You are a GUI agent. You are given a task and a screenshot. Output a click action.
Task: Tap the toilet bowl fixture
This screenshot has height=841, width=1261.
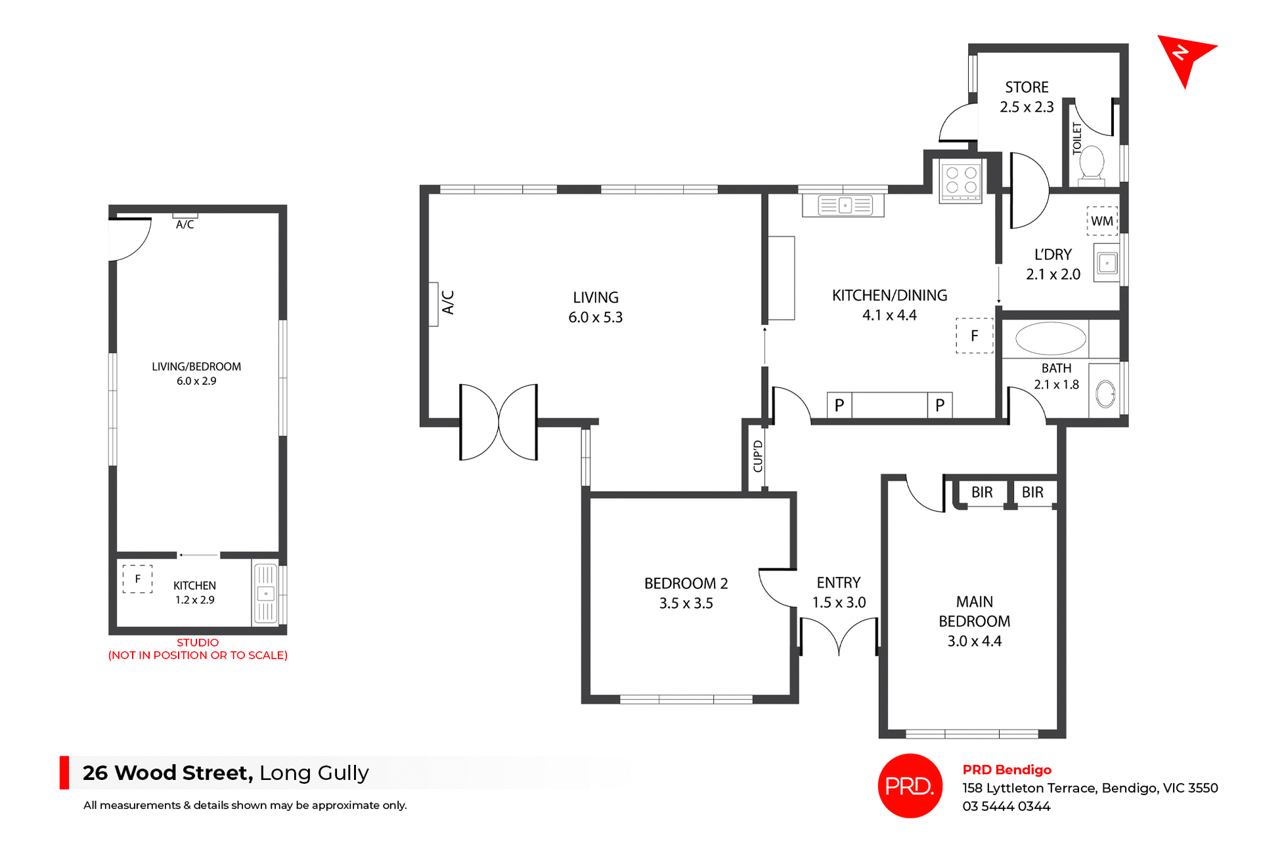(x=1092, y=162)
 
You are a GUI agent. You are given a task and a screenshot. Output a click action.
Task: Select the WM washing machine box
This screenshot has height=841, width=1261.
(x=1102, y=221)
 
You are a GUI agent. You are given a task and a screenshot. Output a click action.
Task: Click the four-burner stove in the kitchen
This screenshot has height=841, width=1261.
(x=961, y=181)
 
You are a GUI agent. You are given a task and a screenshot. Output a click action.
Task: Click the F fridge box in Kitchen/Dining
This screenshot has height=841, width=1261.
(x=974, y=336)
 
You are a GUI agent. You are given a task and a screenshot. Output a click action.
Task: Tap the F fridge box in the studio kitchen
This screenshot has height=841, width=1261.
(x=137, y=579)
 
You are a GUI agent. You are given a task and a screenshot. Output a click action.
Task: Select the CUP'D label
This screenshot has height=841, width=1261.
(x=758, y=456)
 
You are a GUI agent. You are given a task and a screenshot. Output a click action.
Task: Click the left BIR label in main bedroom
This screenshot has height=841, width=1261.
(x=982, y=492)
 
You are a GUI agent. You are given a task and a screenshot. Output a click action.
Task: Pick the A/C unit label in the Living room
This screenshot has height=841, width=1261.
(x=448, y=303)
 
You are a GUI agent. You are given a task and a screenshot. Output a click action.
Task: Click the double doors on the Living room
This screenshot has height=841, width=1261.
(x=498, y=422)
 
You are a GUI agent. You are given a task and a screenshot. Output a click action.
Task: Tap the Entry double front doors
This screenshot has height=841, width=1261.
(x=839, y=637)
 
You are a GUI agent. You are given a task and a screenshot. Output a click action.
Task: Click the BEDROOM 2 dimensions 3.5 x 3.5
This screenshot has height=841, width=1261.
(x=686, y=603)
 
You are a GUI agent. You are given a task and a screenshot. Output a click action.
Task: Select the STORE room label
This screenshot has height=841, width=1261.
(x=1027, y=87)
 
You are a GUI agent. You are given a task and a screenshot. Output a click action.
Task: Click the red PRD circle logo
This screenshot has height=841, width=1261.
(x=910, y=786)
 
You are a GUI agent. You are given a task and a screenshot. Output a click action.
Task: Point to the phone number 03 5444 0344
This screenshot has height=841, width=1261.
(x=1006, y=806)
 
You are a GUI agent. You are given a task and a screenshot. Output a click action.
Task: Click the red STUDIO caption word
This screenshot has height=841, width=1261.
(x=198, y=643)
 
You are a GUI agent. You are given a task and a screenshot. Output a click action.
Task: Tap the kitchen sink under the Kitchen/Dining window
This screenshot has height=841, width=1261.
(x=844, y=205)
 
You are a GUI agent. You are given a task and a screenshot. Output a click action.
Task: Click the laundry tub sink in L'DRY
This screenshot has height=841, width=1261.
(x=1107, y=263)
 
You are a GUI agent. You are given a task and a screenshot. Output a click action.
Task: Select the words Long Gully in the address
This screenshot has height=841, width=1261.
(x=314, y=773)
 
